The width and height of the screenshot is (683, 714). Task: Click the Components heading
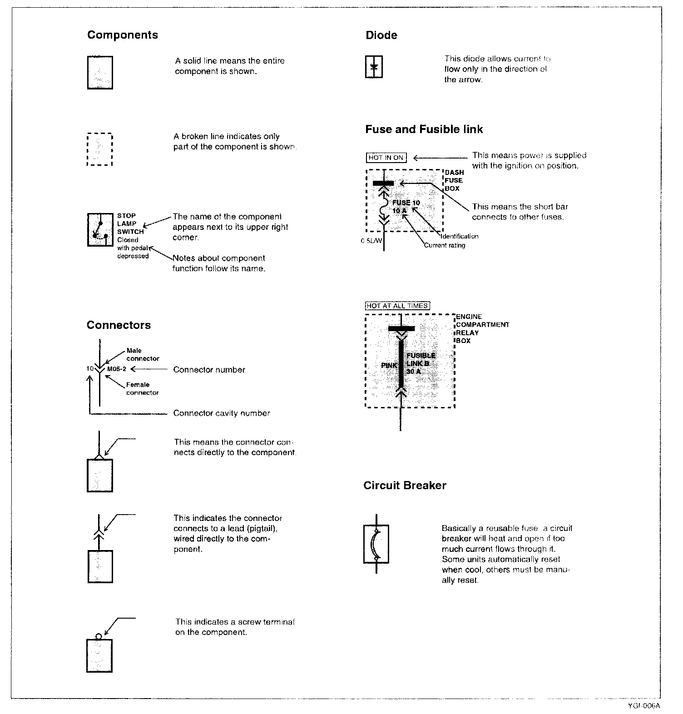coord(123,35)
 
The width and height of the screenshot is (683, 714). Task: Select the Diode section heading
coord(381,35)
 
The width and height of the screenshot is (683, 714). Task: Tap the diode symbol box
coord(374,67)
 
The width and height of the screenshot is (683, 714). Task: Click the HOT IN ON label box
coord(386,158)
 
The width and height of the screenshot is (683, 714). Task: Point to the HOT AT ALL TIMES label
coord(397,306)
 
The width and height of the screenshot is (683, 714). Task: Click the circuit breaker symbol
coord(376,544)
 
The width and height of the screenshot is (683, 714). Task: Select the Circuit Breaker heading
coord(405,486)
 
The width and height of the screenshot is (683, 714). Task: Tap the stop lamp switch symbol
coord(100,230)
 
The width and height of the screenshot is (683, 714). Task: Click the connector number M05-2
coord(117,369)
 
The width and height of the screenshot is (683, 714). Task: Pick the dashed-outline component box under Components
coord(99,149)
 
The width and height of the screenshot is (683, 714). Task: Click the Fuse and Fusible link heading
coord(424,129)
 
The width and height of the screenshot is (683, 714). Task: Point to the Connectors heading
coord(119,325)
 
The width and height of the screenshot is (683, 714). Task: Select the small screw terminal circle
coord(99,636)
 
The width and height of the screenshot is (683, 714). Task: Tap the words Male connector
coord(143,354)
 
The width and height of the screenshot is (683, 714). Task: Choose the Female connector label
coord(142,388)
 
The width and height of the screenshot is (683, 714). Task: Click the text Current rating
coord(445,245)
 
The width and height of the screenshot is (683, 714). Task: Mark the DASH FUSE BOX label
coord(454,180)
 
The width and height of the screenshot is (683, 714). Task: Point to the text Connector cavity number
coord(222,413)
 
